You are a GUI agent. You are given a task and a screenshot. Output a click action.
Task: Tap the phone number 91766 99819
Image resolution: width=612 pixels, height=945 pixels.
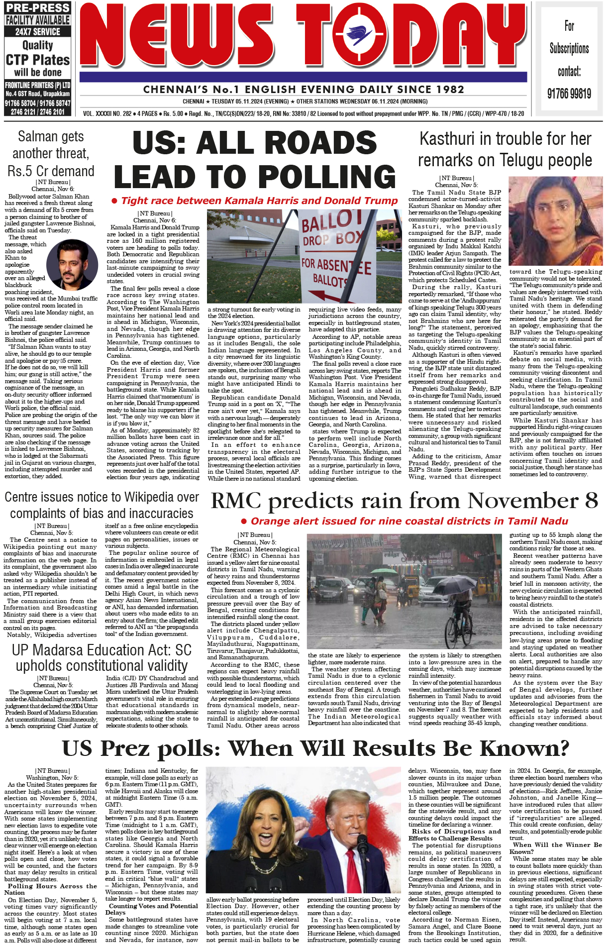point(569,94)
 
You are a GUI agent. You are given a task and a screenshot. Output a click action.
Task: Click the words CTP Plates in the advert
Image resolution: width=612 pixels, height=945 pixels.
point(38,60)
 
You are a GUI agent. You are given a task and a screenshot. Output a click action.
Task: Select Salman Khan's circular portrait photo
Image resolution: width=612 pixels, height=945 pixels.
point(72,265)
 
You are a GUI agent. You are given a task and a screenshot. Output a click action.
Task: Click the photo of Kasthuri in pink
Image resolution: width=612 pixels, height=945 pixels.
point(555,221)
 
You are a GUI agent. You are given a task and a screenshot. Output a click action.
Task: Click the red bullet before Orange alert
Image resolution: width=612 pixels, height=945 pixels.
point(244,521)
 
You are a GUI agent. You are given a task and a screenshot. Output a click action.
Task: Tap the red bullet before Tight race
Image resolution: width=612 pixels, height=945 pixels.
point(114,201)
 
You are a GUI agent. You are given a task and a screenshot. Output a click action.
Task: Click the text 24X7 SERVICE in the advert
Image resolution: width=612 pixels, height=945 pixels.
point(38,32)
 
